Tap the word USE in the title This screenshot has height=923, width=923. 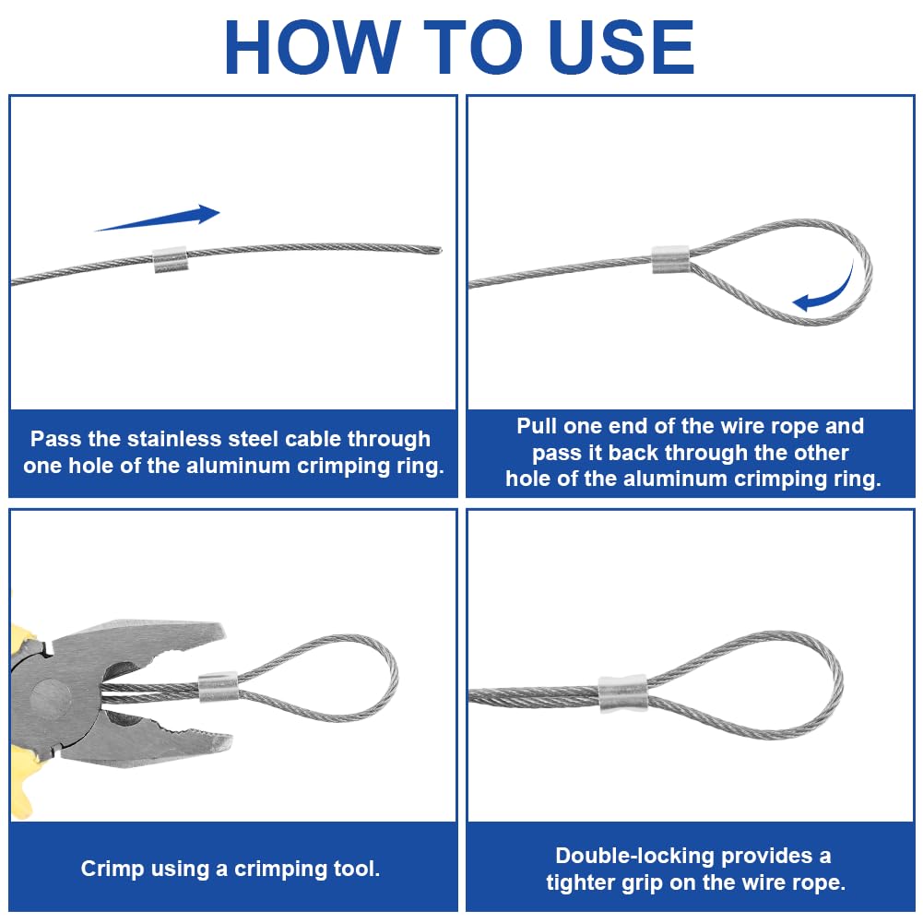point(621,48)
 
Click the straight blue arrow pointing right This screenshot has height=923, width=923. point(158,218)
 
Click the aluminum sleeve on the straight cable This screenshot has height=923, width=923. point(170,260)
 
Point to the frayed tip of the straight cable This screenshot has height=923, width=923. point(438,250)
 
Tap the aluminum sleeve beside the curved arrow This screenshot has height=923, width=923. point(670,260)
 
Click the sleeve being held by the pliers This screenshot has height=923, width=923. point(219,687)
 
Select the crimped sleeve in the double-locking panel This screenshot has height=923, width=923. point(622,694)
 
